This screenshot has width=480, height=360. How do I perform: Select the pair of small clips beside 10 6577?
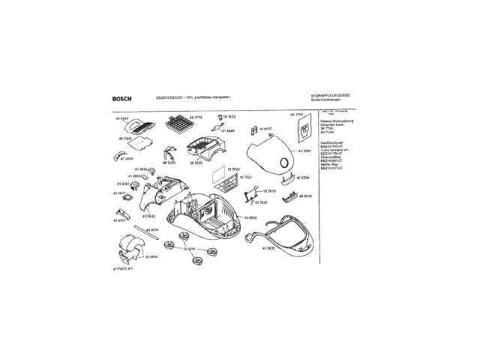pyautogui.click(x=247, y=133)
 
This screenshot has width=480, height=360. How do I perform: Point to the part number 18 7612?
pyautogui.click(x=229, y=117)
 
